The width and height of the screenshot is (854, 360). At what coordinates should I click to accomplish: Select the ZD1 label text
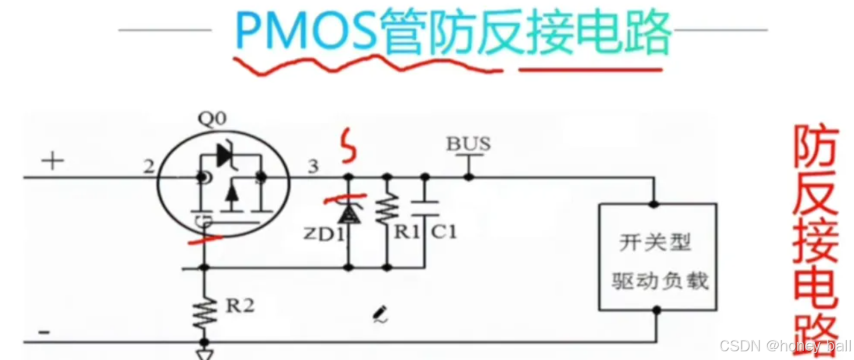(323, 234)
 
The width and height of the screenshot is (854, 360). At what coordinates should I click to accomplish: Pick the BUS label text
(469, 143)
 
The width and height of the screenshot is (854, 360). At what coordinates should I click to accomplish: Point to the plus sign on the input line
(52, 161)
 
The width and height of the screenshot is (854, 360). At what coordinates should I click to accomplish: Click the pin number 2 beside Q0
(147, 165)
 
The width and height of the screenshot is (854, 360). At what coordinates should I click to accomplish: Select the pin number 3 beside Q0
(313, 166)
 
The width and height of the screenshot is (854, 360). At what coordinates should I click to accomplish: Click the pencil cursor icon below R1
(381, 313)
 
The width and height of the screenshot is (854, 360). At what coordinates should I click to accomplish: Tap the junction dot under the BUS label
(469, 177)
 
